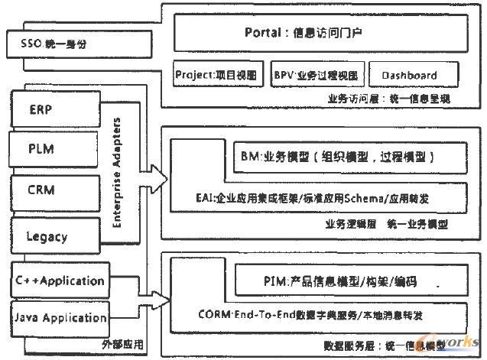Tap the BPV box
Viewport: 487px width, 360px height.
pyautogui.click(x=314, y=75)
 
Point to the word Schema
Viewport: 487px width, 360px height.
pyautogui.click(x=357, y=198)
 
